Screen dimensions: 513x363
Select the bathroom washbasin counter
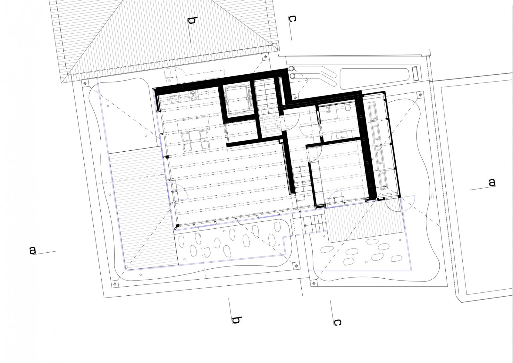[x=342, y=136]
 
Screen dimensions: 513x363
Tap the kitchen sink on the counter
[x=174, y=99]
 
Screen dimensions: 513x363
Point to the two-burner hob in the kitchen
[x=194, y=95]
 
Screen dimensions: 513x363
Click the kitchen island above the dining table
[x=194, y=125]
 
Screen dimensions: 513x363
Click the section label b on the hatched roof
[x=192, y=21]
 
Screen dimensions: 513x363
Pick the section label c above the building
[x=292, y=19]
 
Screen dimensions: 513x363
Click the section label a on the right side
[x=492, y=182]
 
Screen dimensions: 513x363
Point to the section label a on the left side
[x=33, y=250]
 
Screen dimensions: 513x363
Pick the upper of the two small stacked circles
[x=291, y=69]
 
